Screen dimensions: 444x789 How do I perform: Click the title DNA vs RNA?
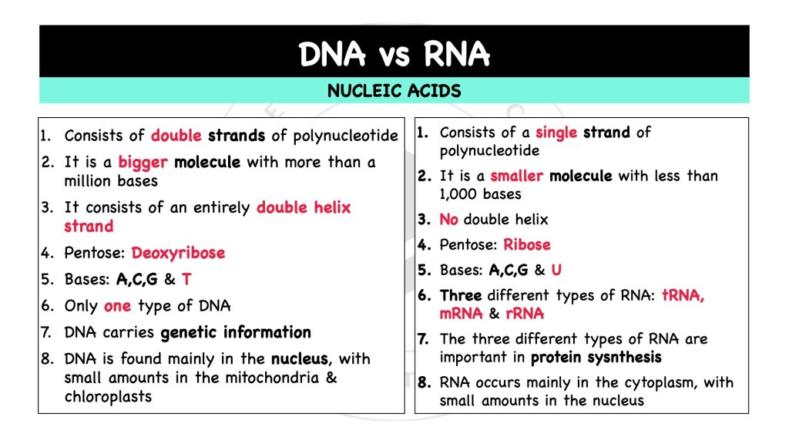[x=394, y=54]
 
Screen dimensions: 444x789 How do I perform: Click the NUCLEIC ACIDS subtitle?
[x=394, y=91]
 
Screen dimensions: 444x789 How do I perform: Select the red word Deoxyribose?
[x=178, y=253]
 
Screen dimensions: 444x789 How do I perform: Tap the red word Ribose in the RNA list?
[x=527, y=245]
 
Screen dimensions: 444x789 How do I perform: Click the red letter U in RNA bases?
[x=557, y=271]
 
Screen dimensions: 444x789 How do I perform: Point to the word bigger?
[x=143, y=163]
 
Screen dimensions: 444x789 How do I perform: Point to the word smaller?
[x=516, y=176]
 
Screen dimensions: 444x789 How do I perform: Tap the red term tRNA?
[x=683, y=296]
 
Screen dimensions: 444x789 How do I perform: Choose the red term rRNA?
[x=525, y=314]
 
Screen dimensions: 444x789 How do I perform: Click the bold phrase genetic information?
[x=236, y=333]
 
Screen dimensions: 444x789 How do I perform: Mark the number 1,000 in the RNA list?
[x=460, y=194]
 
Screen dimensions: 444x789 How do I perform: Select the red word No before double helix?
[x=448, y=220]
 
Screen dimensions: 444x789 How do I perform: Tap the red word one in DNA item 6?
[x=117, y=306]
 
